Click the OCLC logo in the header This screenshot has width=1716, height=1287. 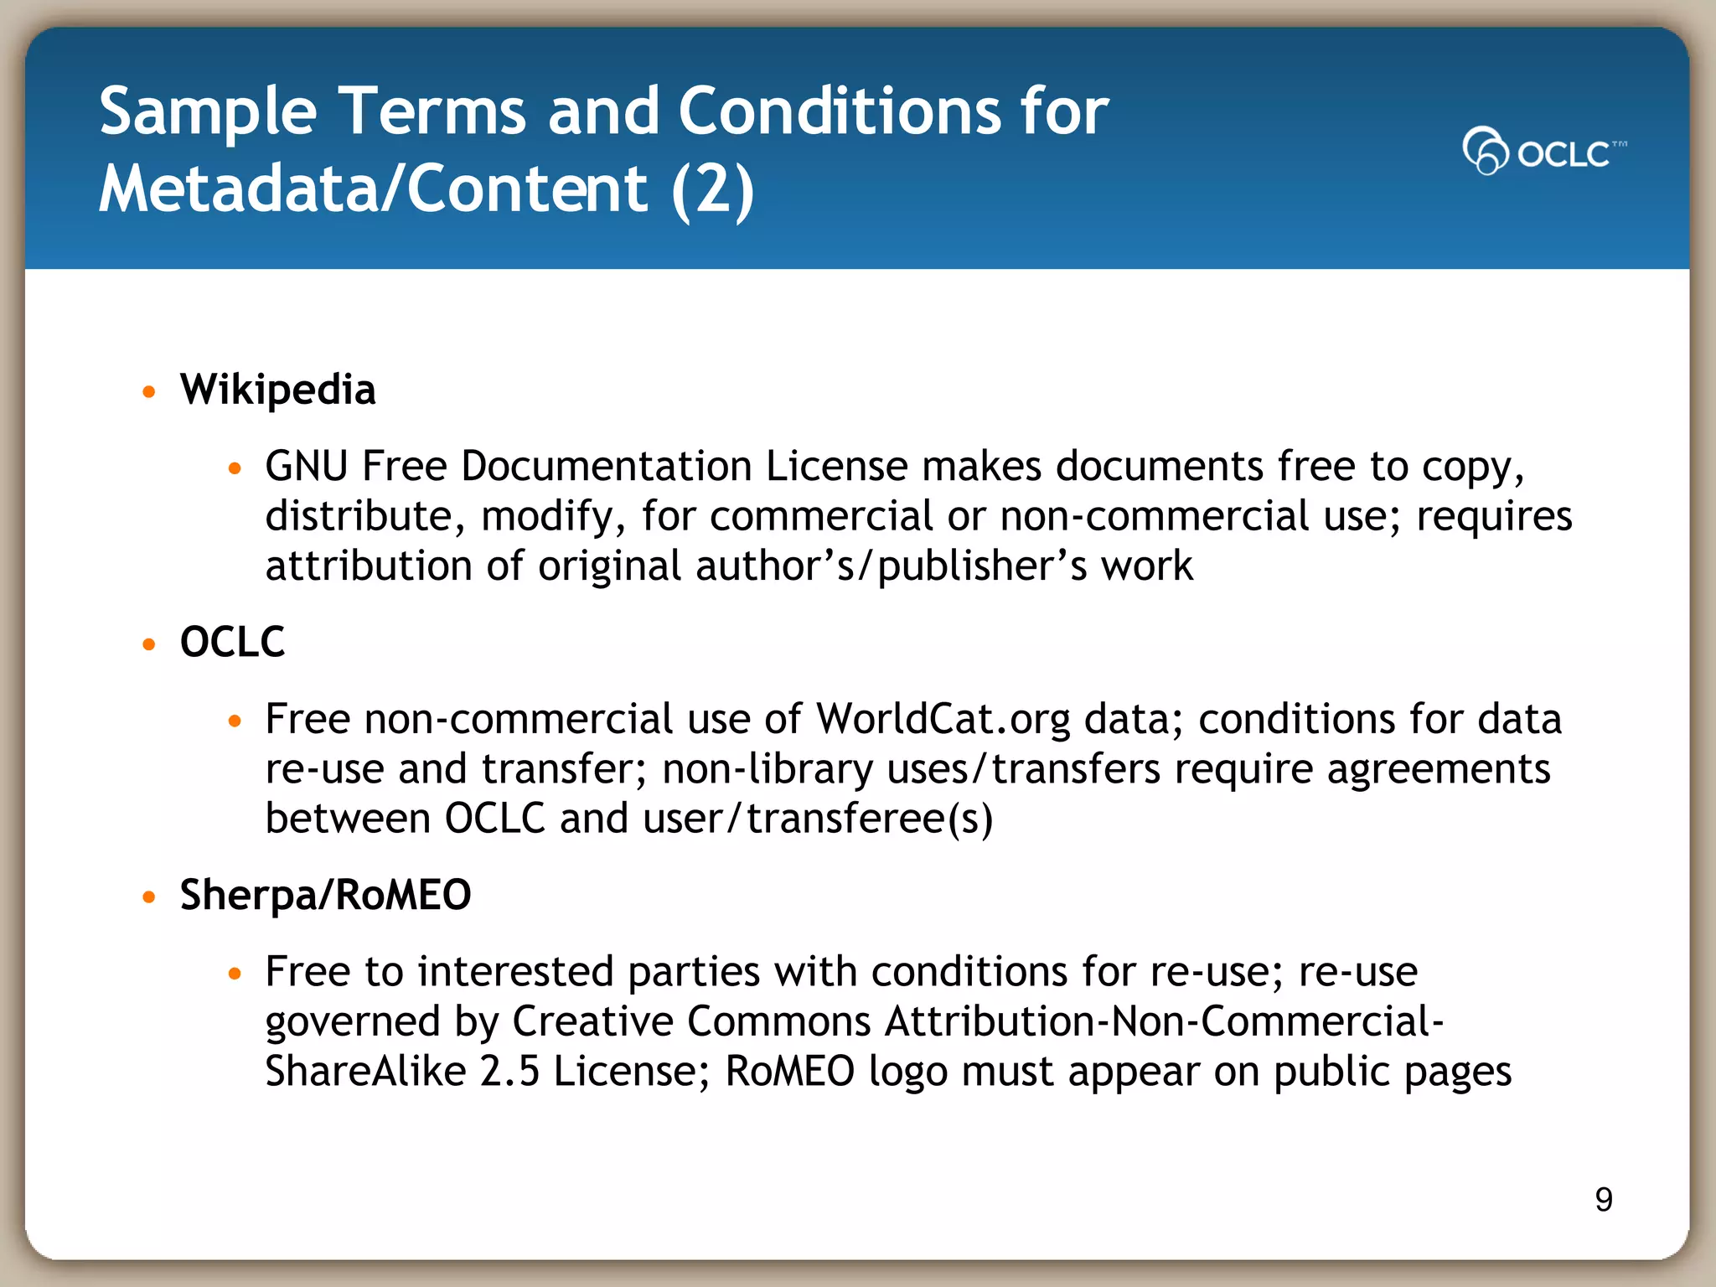[1543, 152]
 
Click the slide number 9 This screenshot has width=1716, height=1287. [1604, 1200]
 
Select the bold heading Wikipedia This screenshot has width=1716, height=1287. [278, 390]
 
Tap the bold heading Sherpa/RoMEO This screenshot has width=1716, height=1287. [325, 895]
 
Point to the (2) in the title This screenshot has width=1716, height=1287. [712, 189]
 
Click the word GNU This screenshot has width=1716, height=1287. [306, 466]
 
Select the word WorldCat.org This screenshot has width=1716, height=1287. [943, 719]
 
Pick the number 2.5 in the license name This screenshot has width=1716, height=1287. [509, 1071]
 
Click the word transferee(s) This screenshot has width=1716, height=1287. [870, 819]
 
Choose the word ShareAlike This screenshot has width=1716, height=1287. [365, 1071]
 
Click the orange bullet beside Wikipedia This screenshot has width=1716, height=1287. [149, 391]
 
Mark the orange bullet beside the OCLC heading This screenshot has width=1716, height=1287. [149, 643]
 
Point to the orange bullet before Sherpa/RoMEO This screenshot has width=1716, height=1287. [149, 897]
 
